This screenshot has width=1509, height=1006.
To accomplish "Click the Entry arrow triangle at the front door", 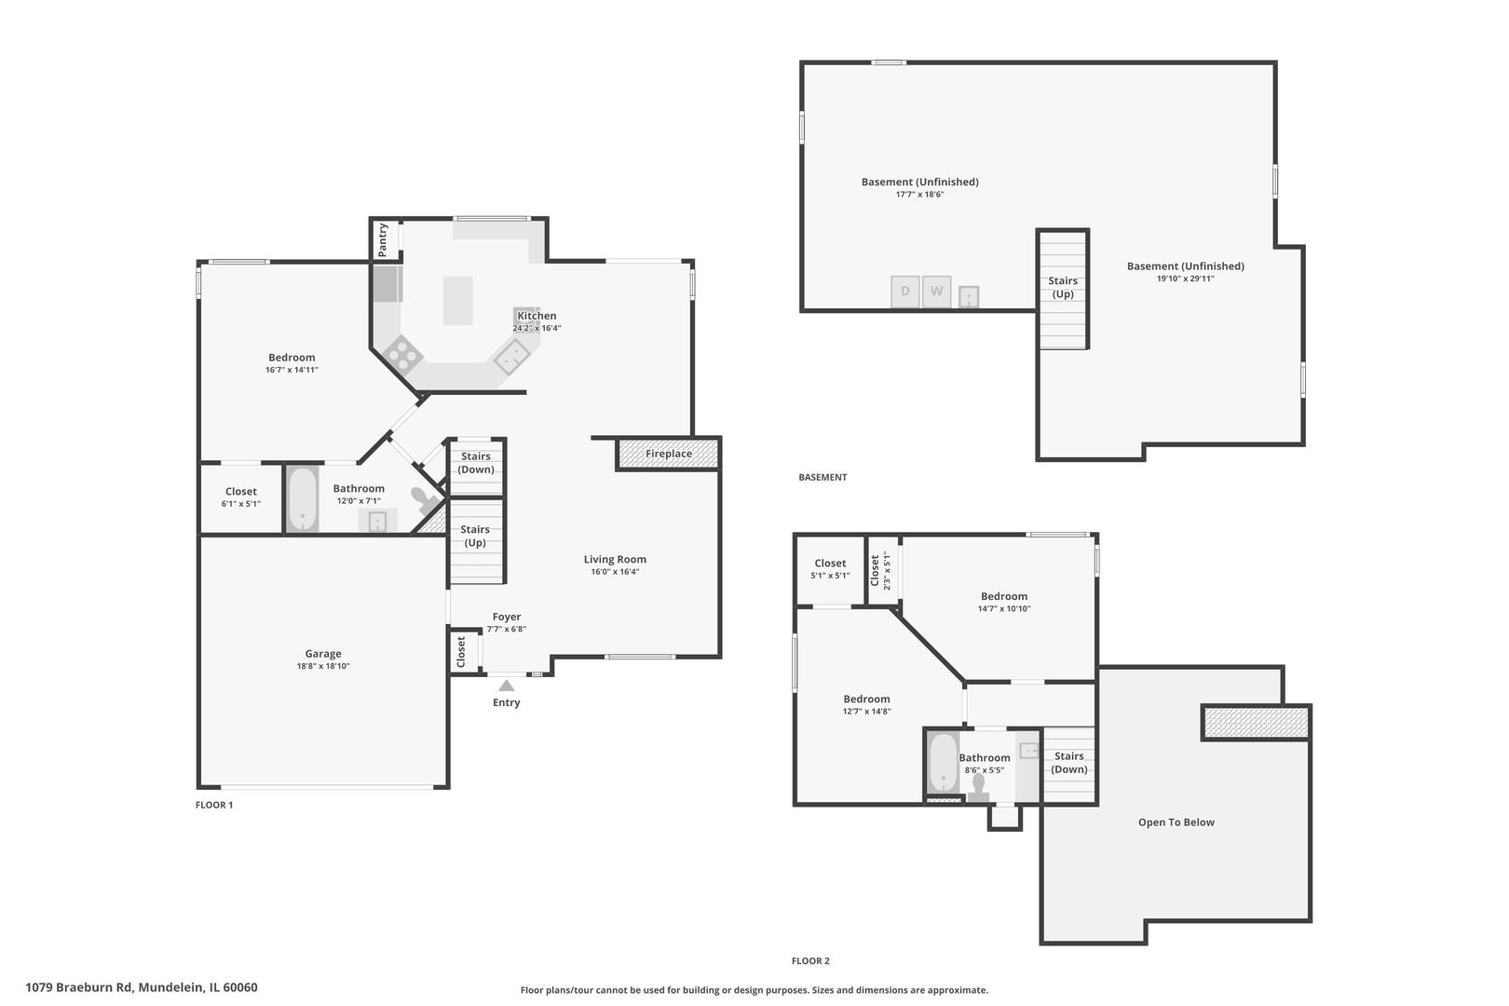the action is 507,686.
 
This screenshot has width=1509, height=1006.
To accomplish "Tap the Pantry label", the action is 383,240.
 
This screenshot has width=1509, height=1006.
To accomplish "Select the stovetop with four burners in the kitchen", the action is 402,355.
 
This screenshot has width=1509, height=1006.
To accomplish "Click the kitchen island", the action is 458,301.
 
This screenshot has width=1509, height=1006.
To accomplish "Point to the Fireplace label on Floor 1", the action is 668,454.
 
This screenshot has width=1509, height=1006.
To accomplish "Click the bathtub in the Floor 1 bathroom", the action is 303,499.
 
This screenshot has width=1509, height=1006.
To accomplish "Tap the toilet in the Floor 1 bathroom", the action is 425,500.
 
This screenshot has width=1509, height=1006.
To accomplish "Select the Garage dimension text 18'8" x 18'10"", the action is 323,666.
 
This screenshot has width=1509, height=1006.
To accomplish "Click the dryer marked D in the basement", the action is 904,292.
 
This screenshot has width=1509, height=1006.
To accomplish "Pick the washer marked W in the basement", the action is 936,292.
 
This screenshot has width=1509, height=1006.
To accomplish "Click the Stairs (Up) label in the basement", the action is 1063,288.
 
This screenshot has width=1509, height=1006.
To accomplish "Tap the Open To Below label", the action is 1176,822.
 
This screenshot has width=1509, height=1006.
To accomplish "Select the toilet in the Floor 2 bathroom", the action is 978,787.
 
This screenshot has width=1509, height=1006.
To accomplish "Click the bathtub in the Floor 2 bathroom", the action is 943,764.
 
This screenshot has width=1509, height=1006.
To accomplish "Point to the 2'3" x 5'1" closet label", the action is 887,571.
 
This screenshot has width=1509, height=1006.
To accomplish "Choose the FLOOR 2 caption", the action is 810,961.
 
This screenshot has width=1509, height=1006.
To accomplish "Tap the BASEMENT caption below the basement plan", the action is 822,477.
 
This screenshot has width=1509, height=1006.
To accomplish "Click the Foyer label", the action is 507,617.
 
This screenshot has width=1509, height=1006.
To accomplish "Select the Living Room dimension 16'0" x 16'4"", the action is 615,572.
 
